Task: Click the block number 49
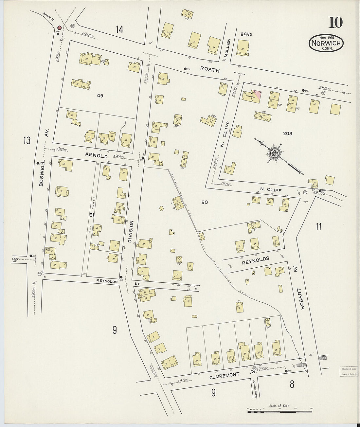(x=100, y=96)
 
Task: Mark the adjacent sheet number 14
(x=119, y=30)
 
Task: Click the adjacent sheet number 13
(x=27, y=141)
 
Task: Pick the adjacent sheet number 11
(x=318, y=226)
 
